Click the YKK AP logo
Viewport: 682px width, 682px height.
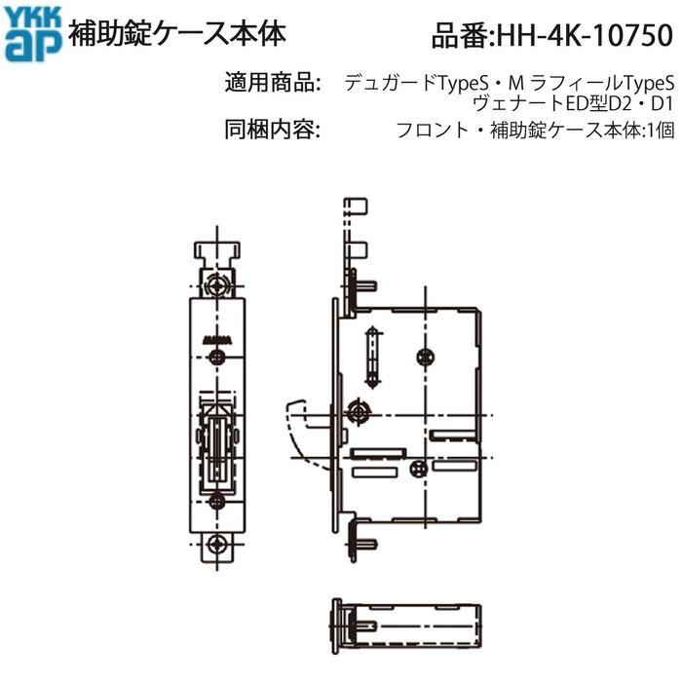(x=33, y=34)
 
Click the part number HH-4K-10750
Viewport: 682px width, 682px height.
(x=585, y=35)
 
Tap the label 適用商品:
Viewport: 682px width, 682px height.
(x=273, y=82)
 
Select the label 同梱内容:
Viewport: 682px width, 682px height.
(x=273, y=130)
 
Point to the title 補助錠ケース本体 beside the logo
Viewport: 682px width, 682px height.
(x=177, y=34)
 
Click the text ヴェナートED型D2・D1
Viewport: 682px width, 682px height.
(x=573, y=104)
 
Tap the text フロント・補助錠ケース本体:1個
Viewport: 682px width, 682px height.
(x=536, y=130)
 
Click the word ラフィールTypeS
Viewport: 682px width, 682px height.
(x=602, y=83)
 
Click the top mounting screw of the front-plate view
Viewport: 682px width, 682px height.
(x=217, y=285)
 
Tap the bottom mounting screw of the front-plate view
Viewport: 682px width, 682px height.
(x=216, y=544)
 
